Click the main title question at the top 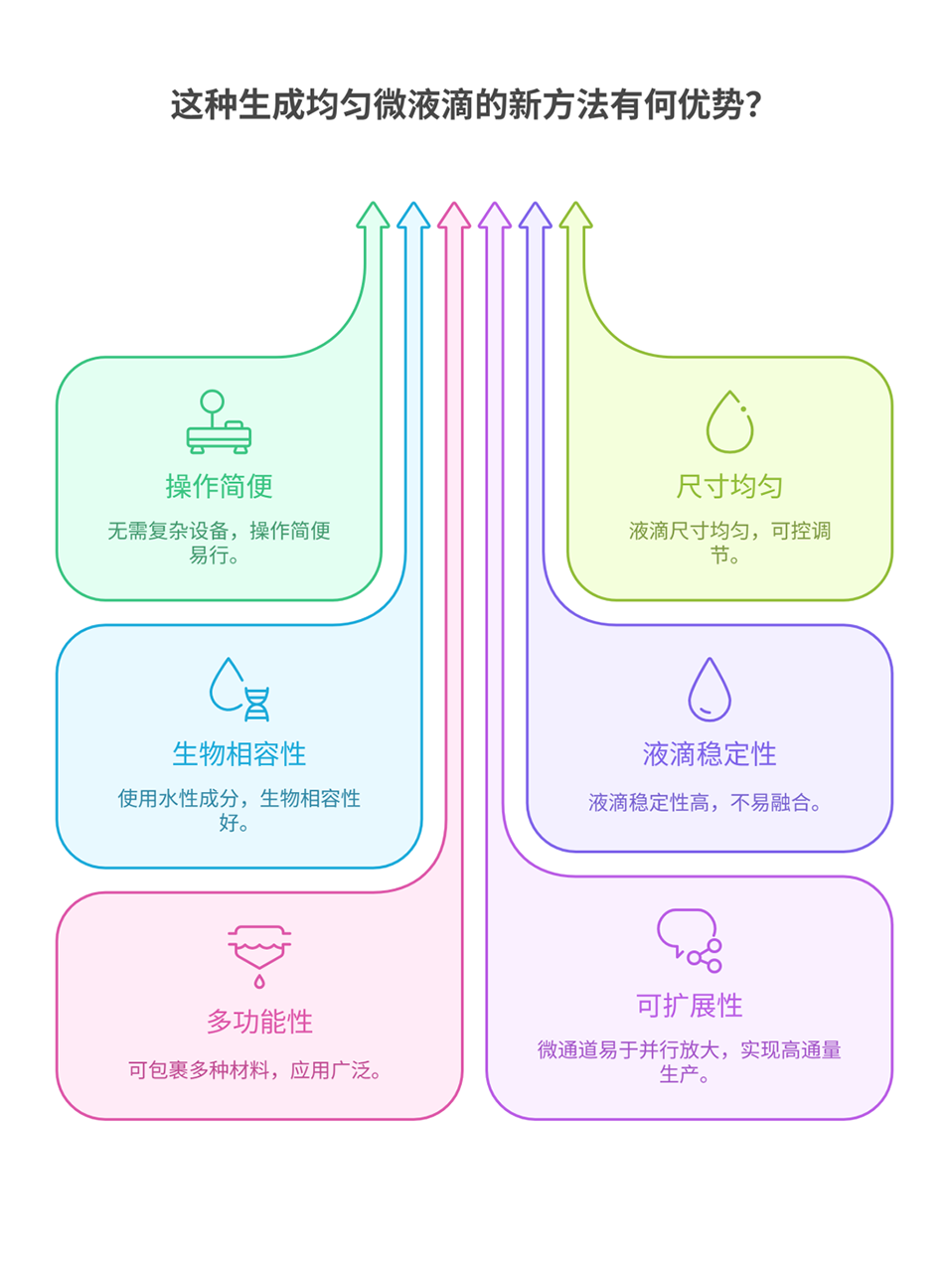pyautogui.click(x=465, y=104)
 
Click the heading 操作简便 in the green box pyautogui.click(x=219, y=486)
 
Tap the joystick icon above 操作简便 pyautogui.click(x=219, y=421)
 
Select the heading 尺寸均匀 pyautogui.click(x=729, y=486)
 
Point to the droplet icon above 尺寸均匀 pyautogui.click(x=729, y=422)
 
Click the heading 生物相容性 pyautogui.click(x=238, y=753)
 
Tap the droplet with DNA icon pyautogui.click(x=239, y=689)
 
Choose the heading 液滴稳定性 pyautogui.click(x=710, y=753)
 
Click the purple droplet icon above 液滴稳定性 pyautogui.click(x=710, y=689)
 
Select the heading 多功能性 pyautogui.click(x=259, y=1021)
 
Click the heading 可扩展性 pyautogui.click(x=690, y=1005)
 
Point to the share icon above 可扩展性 pyautogui.click(x=690, y=940)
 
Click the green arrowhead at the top pyautogui.click(x=373, y=216)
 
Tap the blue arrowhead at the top pyautogui.click(x=413, y=216)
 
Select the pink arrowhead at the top pyautogui.click(x=454, y=216)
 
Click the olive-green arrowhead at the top pyautogui.click(x=575, y=216)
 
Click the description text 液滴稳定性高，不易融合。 pyautogui.click(x=706, y=802)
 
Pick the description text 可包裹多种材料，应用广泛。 pyautogui.click(x=255, y=1070)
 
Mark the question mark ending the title pyautogui.click(x=752, y=104)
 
